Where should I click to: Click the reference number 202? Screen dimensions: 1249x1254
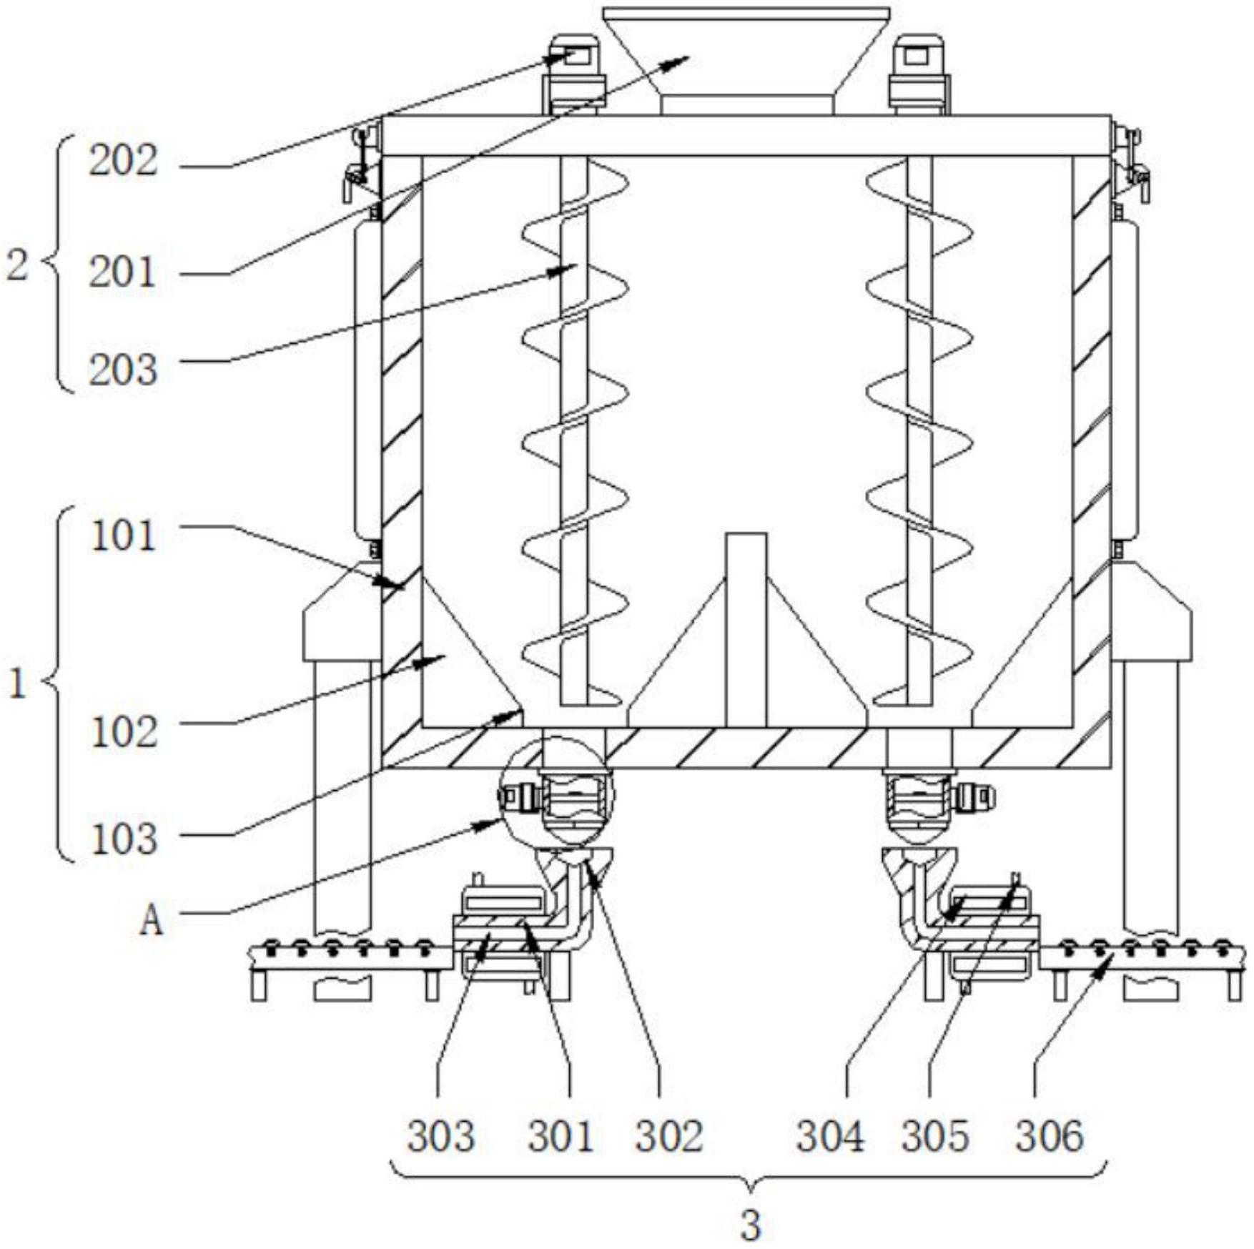click(x=123, y=162)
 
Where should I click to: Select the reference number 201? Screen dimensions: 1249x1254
click(x=122, y=273)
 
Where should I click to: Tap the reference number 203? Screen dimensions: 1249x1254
click(x=123, y=370)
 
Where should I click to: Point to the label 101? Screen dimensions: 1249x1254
click(x=124, y=536)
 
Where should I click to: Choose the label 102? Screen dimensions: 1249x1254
click(x=124, y=732)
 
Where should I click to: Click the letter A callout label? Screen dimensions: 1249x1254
click(x=151, y=921)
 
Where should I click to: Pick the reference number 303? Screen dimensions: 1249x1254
click(x=441, y=1136)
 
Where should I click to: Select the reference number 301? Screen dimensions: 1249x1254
click(x=561, y=1136)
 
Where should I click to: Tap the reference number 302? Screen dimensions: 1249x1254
click(x=669, y=1136)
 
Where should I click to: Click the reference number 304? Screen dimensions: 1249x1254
click(x=831, y=1136)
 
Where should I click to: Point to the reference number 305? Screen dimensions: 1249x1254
click(x=935, y=1136)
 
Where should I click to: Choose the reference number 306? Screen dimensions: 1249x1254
click(x=1050, y=1136)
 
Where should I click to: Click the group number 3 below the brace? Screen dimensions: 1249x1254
click(x=750, y=1225)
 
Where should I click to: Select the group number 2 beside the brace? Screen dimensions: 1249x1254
click(x=17, y=266)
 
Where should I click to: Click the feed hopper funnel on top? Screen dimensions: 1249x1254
click(x=746, y=57)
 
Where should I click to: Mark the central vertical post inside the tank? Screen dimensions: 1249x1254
click(x=746, y=629)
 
